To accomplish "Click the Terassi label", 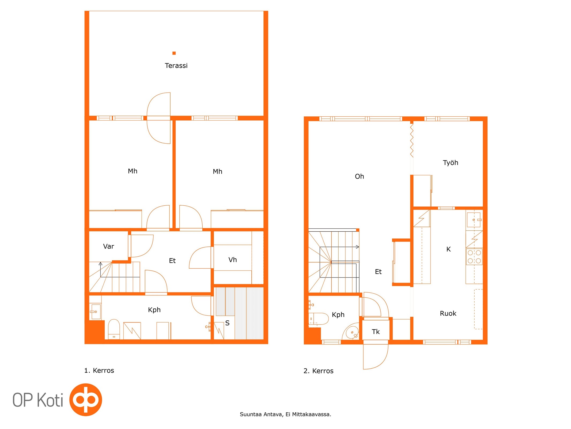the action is pos(176,65).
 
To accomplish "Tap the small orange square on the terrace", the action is pos(174,53).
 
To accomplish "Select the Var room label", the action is pos(108,246).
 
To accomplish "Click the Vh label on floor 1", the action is pos(232,260).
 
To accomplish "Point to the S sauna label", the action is pos(227,323).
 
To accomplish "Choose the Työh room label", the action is pos(450,163).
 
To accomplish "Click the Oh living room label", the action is pos(359,176).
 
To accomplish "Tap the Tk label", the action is pos(376,332).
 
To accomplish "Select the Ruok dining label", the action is pos(448,313).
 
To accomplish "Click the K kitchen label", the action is pos(448,249).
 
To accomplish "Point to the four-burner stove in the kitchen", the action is pos(474,257).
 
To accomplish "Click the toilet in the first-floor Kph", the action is pos(114,329).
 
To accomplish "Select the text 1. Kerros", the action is pos(99,371).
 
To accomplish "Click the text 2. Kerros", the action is pos(318,371).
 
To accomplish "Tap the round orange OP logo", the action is pos(86,400).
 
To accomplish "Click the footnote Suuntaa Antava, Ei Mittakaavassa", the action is pos(285,414).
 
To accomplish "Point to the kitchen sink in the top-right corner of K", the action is pos(474,220).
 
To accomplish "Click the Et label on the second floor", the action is pos(378,272).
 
